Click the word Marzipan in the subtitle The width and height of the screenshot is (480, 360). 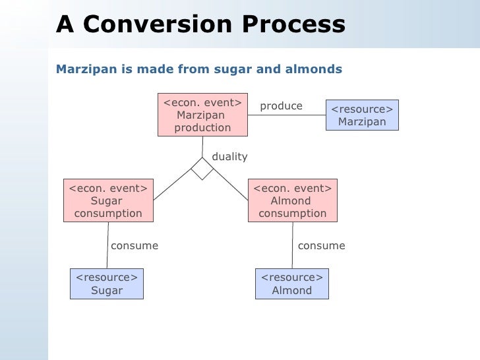pyautogui.click(x=82, y=69)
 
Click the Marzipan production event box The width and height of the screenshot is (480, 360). pyautogui.click(x=202, y=115)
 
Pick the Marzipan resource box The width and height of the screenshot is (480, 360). pyautogui.click(x=362, y=115)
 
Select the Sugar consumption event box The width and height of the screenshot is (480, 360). pyautogui.click(x=107, y=200)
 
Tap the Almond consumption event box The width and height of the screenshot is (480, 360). pyautogui.click(x=292, y=200)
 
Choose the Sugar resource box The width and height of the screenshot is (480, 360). pyautogui.click(x=106, y=284)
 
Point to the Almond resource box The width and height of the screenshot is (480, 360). pyautogui.click(x=291, y=284)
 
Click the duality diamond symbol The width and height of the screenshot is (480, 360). pyautogui.click(x=202, y=169)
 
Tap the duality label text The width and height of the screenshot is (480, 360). pyautogui.click(x=229, y=157)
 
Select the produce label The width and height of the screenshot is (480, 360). pyautogui.click(x=281, y=106)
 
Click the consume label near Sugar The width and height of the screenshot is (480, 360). pyautogui.click(x=135, y=246)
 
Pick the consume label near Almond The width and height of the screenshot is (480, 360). pyautogui.click(x=321, y=246)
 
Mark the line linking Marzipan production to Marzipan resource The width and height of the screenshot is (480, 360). pyautogui.click(x=287, y=115)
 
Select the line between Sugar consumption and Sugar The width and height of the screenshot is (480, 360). pyautogui.click(x=107, y=245)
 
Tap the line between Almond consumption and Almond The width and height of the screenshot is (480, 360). pyautogui.click(x=292, y=245)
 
